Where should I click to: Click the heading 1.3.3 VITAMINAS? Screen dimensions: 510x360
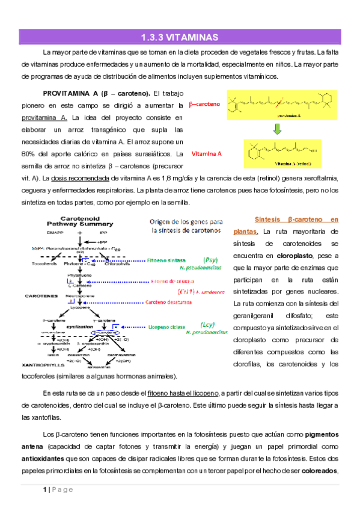pyautogui.click(x=179, y=37)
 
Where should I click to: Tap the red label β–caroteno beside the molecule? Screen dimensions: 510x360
pyautogui.click(x=204, y=104)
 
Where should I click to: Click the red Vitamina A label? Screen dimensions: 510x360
pyautogui.click(x=206, y=153)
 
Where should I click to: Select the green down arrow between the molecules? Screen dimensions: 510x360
pyautogui.click(x=277, y=129)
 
